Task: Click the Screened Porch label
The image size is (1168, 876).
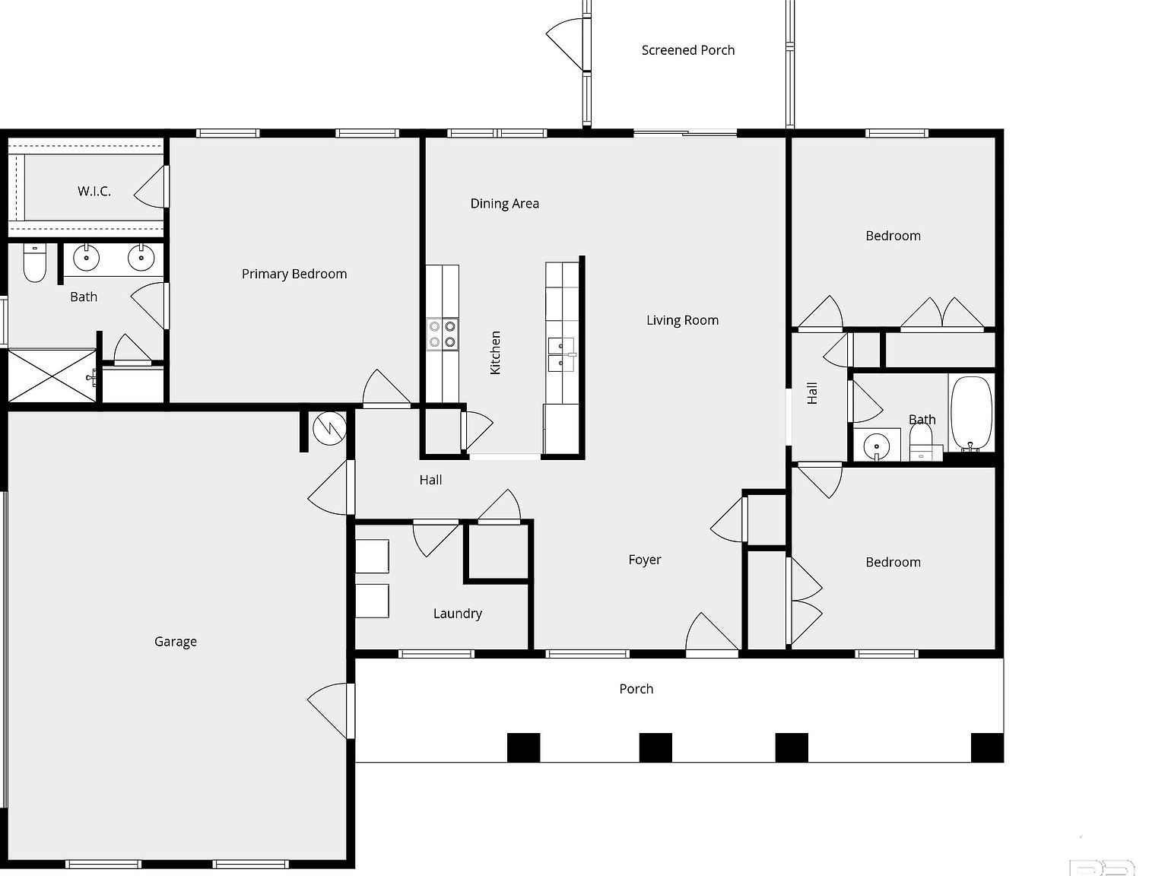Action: [x=687, y=50]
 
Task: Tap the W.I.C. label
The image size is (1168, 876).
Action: [x=94, y=191]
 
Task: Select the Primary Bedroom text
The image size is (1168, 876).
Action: [x=294, y=274]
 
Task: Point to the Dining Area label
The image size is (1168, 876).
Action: [x=504, y=203]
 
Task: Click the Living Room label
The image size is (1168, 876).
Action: [x=682, y=320]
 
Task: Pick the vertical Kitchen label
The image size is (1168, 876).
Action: [x=495, y=352]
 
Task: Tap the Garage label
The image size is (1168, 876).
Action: [x=176, y=641]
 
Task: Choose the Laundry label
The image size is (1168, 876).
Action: [x=457, y=613]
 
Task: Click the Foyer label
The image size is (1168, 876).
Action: [x=644, y=560]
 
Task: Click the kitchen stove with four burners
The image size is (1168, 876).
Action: [x=442, y=333]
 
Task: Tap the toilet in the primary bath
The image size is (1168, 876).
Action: [x=34, y=263]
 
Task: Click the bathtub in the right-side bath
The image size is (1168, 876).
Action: [x=970, y=413]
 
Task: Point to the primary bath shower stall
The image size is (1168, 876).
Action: [x=52, y=376]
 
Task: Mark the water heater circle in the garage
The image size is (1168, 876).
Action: [x=329, y=429]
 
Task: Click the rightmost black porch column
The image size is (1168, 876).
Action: [x=987, y=747]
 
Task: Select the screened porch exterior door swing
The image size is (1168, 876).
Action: [x=566, y=43]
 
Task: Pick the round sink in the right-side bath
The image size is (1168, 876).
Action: [x=876, y=445]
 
